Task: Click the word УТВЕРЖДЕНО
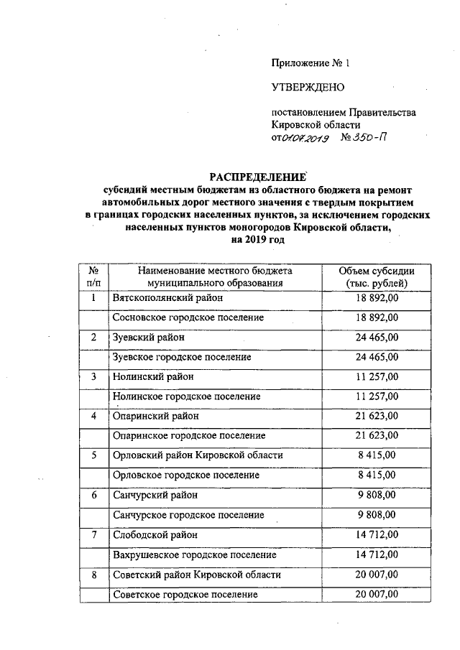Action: click(x=308, y=88)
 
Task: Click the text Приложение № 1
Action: click(x=310, y=62)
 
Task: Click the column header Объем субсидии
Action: click(x=377, y=270)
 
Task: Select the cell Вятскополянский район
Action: click(x=169, y=297)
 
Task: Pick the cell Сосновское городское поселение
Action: click(x=188, y=317)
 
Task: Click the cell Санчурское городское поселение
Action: click(x=188, y=515)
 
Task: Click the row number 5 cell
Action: click(x=93, y=455)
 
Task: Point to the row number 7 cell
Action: click(x=93, y=535)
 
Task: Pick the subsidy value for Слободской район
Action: click(x=377, y=535)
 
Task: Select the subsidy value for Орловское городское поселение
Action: click(x=377, y=475)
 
